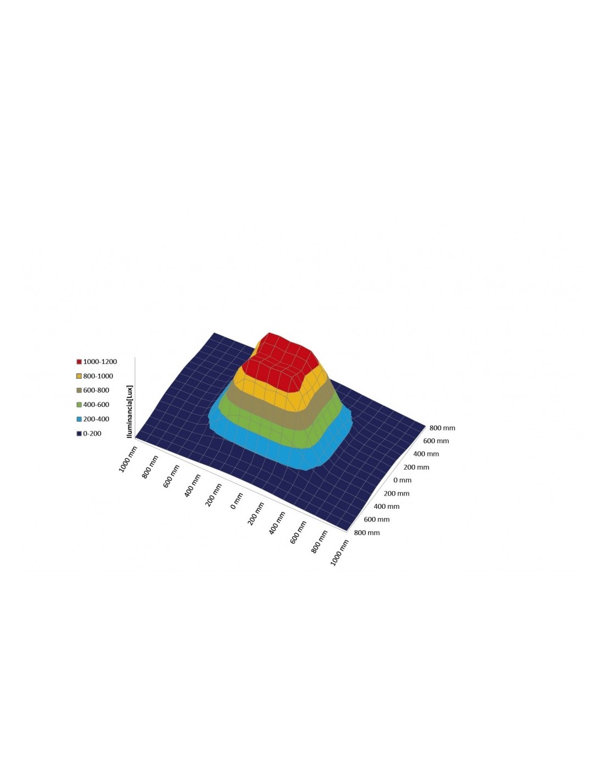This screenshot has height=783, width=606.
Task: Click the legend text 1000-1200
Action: [x=100, y=361]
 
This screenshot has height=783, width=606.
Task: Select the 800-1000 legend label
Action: [x=98, y=376]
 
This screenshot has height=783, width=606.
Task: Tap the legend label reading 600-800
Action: [x=96, y=390]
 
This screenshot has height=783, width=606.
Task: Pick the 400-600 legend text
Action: [x=96, y=404]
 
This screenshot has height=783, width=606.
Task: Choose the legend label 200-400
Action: [x=96, y=418]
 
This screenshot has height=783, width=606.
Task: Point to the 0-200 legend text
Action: [x=92, y=433]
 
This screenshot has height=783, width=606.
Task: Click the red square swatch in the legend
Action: [x=79, y=362]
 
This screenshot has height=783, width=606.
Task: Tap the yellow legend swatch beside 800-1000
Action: [x=79, y=376]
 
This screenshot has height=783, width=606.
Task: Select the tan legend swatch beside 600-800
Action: [x=79, y=390]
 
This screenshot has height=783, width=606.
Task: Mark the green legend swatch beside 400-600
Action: [x=79, y=405]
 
